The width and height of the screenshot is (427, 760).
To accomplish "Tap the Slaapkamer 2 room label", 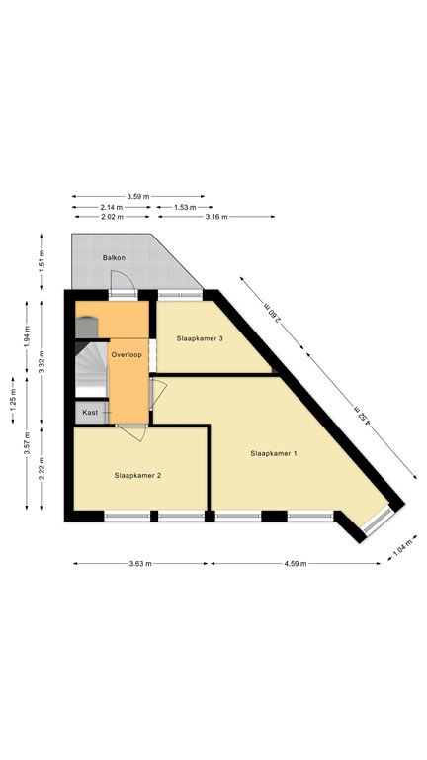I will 137,475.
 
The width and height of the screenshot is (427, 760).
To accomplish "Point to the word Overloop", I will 128,353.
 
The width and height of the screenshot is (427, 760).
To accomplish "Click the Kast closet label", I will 90,411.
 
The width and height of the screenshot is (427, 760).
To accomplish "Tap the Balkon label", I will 114,258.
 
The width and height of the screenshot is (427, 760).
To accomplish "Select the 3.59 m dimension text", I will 138,196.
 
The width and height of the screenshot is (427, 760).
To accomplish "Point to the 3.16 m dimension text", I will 215,217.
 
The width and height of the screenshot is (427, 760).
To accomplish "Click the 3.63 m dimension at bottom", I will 139,564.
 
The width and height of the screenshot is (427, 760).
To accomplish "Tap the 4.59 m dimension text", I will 295,564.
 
